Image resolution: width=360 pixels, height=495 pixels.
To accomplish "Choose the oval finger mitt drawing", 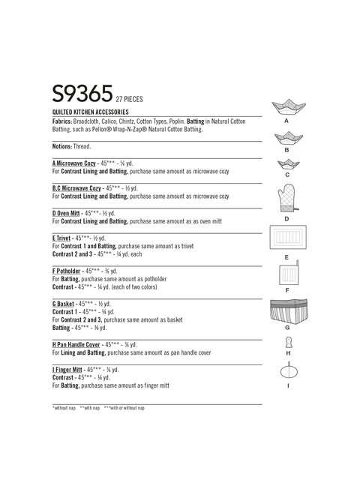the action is pos(287,370).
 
